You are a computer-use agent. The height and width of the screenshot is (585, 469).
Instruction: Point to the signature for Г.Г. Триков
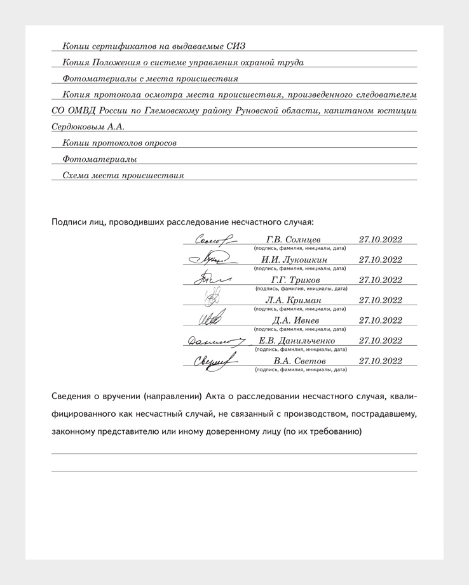click(x=212, y=279)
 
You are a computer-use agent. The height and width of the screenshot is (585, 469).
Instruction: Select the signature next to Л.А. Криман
click(x=214, y=298)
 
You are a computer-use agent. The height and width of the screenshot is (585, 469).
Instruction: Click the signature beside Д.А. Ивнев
click(x=212, y=318)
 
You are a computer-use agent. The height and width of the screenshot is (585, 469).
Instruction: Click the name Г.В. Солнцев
click(x=294, y=239)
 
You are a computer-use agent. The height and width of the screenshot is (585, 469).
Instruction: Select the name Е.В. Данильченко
click(x=297, y=341)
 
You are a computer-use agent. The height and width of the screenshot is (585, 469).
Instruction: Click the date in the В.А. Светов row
click(x=380, y=361)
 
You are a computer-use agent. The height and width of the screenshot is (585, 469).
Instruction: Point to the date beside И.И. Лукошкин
click(x=380, y=260)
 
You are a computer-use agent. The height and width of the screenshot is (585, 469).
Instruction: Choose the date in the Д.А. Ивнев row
click(x=380, y=320)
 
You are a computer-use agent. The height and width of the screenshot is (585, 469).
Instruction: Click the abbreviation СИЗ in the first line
click(x=234, y=46)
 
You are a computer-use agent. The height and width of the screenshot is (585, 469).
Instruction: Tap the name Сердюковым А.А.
click(x=88, y=127)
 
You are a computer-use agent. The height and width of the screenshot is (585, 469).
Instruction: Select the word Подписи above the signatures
click(x=70, y=222)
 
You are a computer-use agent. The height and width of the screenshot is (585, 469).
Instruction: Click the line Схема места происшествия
click(x=123, y=176)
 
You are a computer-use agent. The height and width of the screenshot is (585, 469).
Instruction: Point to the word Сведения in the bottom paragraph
click(x=74, y=397)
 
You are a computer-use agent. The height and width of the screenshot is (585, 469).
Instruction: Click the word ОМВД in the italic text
click(x=83, y=111)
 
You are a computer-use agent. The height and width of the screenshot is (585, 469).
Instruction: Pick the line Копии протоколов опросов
click(x=119, y=143)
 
